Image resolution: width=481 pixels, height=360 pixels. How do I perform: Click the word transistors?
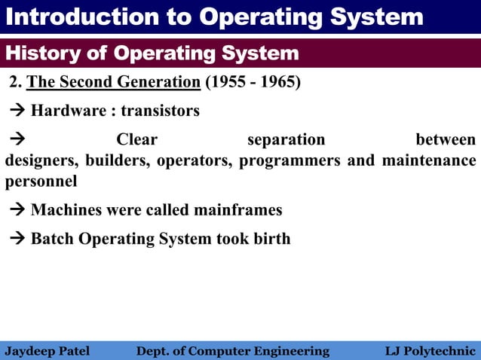click(x=160, y=111)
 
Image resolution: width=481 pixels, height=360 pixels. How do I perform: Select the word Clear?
click(x=136, y=139)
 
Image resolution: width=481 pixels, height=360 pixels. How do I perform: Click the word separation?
click(x=286, y=139)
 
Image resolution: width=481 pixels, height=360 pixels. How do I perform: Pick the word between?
click(x=446, y=139)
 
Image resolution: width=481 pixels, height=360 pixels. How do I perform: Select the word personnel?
click(x=41, y=182)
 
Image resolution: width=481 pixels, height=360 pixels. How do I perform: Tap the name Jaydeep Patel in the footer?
click(x=47, y=351)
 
